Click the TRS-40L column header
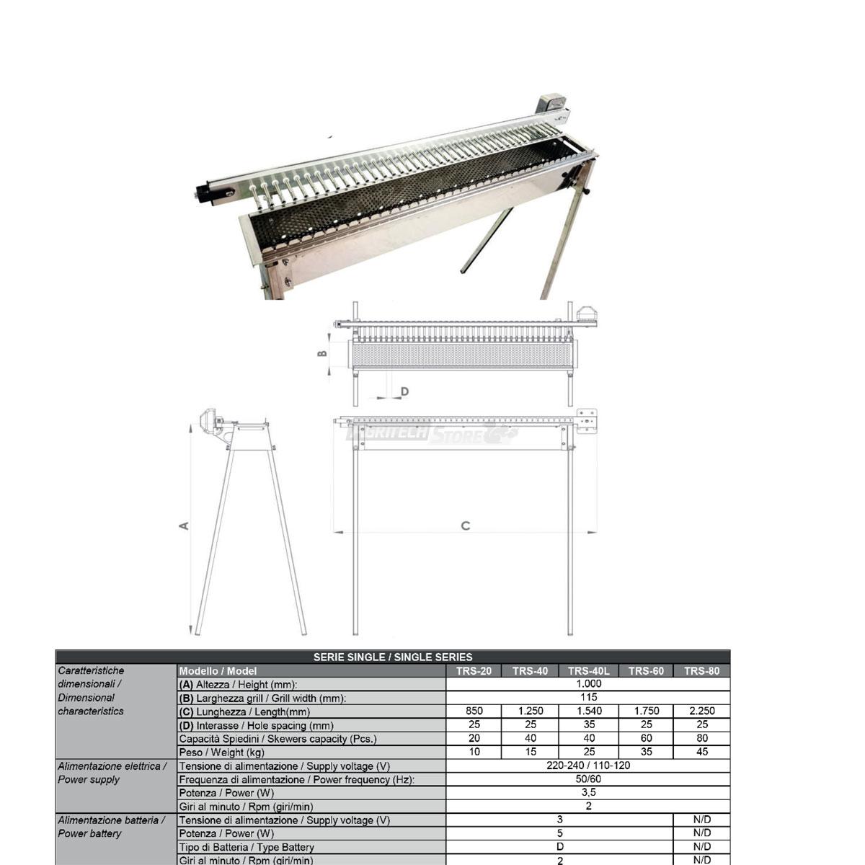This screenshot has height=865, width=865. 588,670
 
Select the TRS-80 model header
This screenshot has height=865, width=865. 701,670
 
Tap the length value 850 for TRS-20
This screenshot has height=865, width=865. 474,711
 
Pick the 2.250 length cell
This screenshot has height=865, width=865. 702,711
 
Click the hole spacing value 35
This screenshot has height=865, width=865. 589,724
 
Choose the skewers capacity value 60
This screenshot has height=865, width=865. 646,738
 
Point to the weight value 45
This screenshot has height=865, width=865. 702,751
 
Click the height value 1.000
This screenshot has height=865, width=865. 588,683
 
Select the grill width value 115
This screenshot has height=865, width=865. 588,697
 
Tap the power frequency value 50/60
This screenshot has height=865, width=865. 588,778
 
